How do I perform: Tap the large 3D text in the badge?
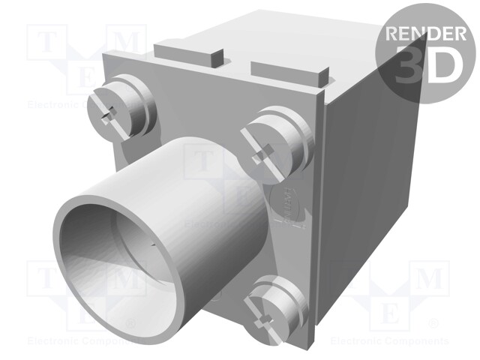coord(425,67)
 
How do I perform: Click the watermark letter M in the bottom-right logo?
coord(430,279)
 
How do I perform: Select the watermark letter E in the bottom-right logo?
coord(394,313)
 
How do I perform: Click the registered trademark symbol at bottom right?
coord(433,324)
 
